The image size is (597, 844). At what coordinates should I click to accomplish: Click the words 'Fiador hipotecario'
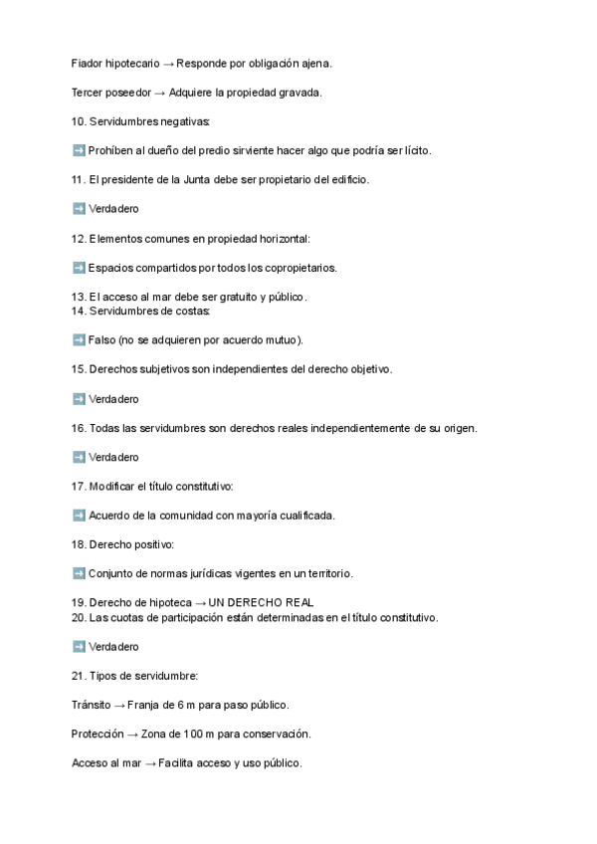click(115, 64)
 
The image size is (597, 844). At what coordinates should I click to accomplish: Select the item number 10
click(79, 121)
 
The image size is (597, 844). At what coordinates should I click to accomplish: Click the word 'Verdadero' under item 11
click(113, 209)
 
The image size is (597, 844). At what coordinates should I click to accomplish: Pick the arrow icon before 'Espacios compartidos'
click(79, 268)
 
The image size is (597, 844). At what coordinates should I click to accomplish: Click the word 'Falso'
click(101, 340)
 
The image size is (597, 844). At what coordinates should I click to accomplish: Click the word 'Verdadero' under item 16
click(113, 457)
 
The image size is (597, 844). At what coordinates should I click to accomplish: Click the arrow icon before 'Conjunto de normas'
click(79, 574)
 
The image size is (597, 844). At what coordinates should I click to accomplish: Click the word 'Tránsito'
click(92, 705)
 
